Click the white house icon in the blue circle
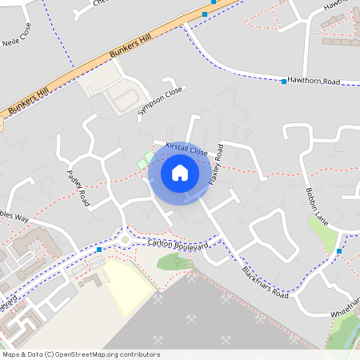pyautogui.click(x=180, y=172)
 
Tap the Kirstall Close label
pyautogui.click(x=186, y=149)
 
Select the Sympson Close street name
pyautogui.click(x=160, y=100)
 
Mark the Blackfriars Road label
pyautogui.click(x=265, y=282)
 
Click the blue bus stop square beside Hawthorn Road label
pyautogui.click(x=284, y=82)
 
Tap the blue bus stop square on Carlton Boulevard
pyautogui.click(x=98, y=250)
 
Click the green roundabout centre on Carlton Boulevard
pyautogui.click(x=125, y=239)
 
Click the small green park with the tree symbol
pyautogui.click(x=177, y=261)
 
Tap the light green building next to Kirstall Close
pyautogui.click(x=143, y=161)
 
